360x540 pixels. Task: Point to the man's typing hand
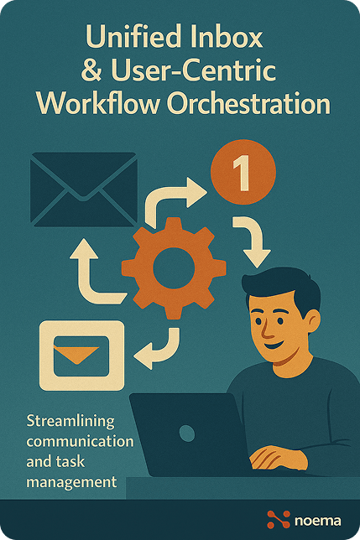pyautogui.click(x=277, y=457)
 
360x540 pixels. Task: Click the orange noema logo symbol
pyautogui.click(x=277, y=520)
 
